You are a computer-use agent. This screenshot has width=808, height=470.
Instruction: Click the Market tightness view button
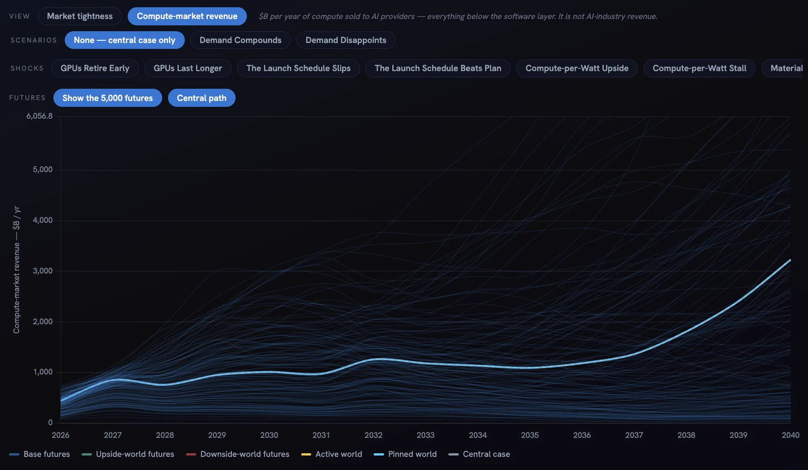(80, 16)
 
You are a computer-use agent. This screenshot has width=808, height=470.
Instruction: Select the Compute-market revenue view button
(187, 16)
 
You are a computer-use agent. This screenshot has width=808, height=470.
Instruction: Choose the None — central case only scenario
(125, 40)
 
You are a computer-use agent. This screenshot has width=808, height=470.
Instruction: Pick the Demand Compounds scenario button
(240, 40)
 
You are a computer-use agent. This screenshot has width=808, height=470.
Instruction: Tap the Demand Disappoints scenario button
(346, 40)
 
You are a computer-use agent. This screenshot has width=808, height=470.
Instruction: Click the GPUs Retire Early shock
(95, 68)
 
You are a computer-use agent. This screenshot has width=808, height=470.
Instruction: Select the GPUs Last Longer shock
(188, 68)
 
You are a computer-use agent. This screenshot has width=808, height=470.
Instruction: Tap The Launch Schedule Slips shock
(298, 68)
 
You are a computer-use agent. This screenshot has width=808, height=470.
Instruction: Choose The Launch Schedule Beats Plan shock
(438, 68)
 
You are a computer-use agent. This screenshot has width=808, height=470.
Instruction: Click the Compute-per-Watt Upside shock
(577, 68)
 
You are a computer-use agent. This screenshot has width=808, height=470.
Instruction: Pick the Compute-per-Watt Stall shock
(699, 68)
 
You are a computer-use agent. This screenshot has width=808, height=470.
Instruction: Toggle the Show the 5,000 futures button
(108, 98)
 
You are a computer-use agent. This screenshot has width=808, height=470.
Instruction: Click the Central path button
(202, 98)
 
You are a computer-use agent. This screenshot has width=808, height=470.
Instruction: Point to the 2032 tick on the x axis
(374, 435)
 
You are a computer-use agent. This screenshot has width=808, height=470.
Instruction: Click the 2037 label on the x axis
(634, 435)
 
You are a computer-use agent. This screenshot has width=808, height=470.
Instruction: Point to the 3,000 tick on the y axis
(43, 271)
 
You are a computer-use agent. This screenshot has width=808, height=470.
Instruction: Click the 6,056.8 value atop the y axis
(39, 116)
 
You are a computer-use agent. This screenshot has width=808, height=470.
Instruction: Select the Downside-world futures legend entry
(238, 454)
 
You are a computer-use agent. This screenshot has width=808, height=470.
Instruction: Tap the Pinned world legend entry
(405, 454)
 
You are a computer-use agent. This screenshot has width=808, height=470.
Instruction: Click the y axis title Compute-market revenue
(17, 288)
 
